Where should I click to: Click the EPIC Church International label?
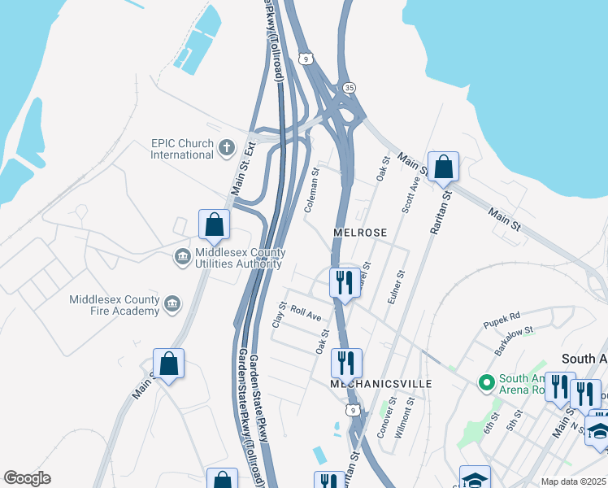pos(182,149)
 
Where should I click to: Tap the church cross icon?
pos(227,148)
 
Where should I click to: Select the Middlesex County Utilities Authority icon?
pos(182,258)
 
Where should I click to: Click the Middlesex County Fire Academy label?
pos(114,305)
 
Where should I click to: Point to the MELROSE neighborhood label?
pos(360,233)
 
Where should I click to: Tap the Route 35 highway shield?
pos(349,87)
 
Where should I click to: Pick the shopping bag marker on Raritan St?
pos(444,167)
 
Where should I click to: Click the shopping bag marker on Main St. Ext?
pos(213,224)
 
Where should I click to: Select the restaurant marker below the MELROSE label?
pos(344,283)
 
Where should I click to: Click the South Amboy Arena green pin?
pos(487,381)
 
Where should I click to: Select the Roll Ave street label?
pos(306,312)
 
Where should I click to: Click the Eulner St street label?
pos(397,289)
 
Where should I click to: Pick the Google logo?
pos(28,478)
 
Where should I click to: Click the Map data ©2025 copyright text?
pos(573,481)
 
